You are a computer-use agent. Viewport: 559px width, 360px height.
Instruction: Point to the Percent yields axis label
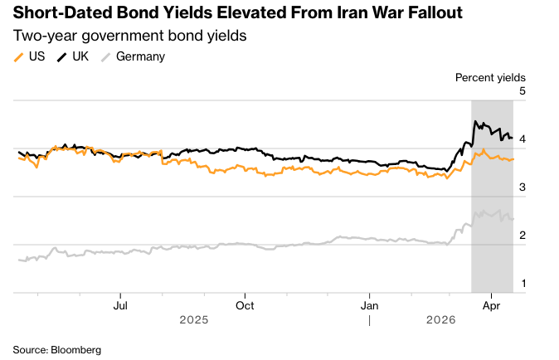click(490, 77)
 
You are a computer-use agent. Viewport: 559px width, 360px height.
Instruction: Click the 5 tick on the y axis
click(522, 91)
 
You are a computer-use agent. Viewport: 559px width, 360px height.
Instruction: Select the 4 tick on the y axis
click(522, 139)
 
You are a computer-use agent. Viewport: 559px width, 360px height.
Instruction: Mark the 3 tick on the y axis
click(522, 187)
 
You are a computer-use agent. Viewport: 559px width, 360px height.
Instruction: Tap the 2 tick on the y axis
click(522, 236)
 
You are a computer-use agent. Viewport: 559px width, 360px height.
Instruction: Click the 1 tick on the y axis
click(522, 284)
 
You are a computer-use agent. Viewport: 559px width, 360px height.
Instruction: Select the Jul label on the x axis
click(121, 304)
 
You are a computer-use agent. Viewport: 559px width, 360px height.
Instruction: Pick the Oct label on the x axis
click(245, 304)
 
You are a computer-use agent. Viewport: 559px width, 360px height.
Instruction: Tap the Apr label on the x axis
click(491, 304)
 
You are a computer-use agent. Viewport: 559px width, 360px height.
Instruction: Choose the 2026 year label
click(441, 319)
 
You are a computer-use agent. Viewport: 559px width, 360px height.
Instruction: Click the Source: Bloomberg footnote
click(56, 350)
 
